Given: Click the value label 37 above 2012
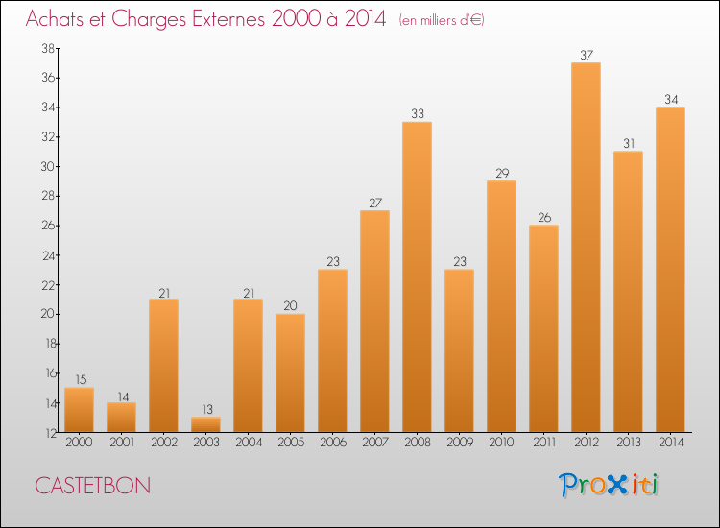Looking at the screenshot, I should click(586, 54).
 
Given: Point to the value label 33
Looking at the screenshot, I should click(417, 113).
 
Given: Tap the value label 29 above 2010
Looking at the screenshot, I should click(501, 172).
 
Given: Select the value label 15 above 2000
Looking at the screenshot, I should click(79, 379).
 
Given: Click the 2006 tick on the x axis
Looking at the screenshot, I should click(332, 443).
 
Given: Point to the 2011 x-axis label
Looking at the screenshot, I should click(543, 443).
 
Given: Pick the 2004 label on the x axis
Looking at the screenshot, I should click(248, 443).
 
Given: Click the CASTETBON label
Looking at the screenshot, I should click(93, 486).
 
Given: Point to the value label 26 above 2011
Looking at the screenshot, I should click(543, 216).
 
